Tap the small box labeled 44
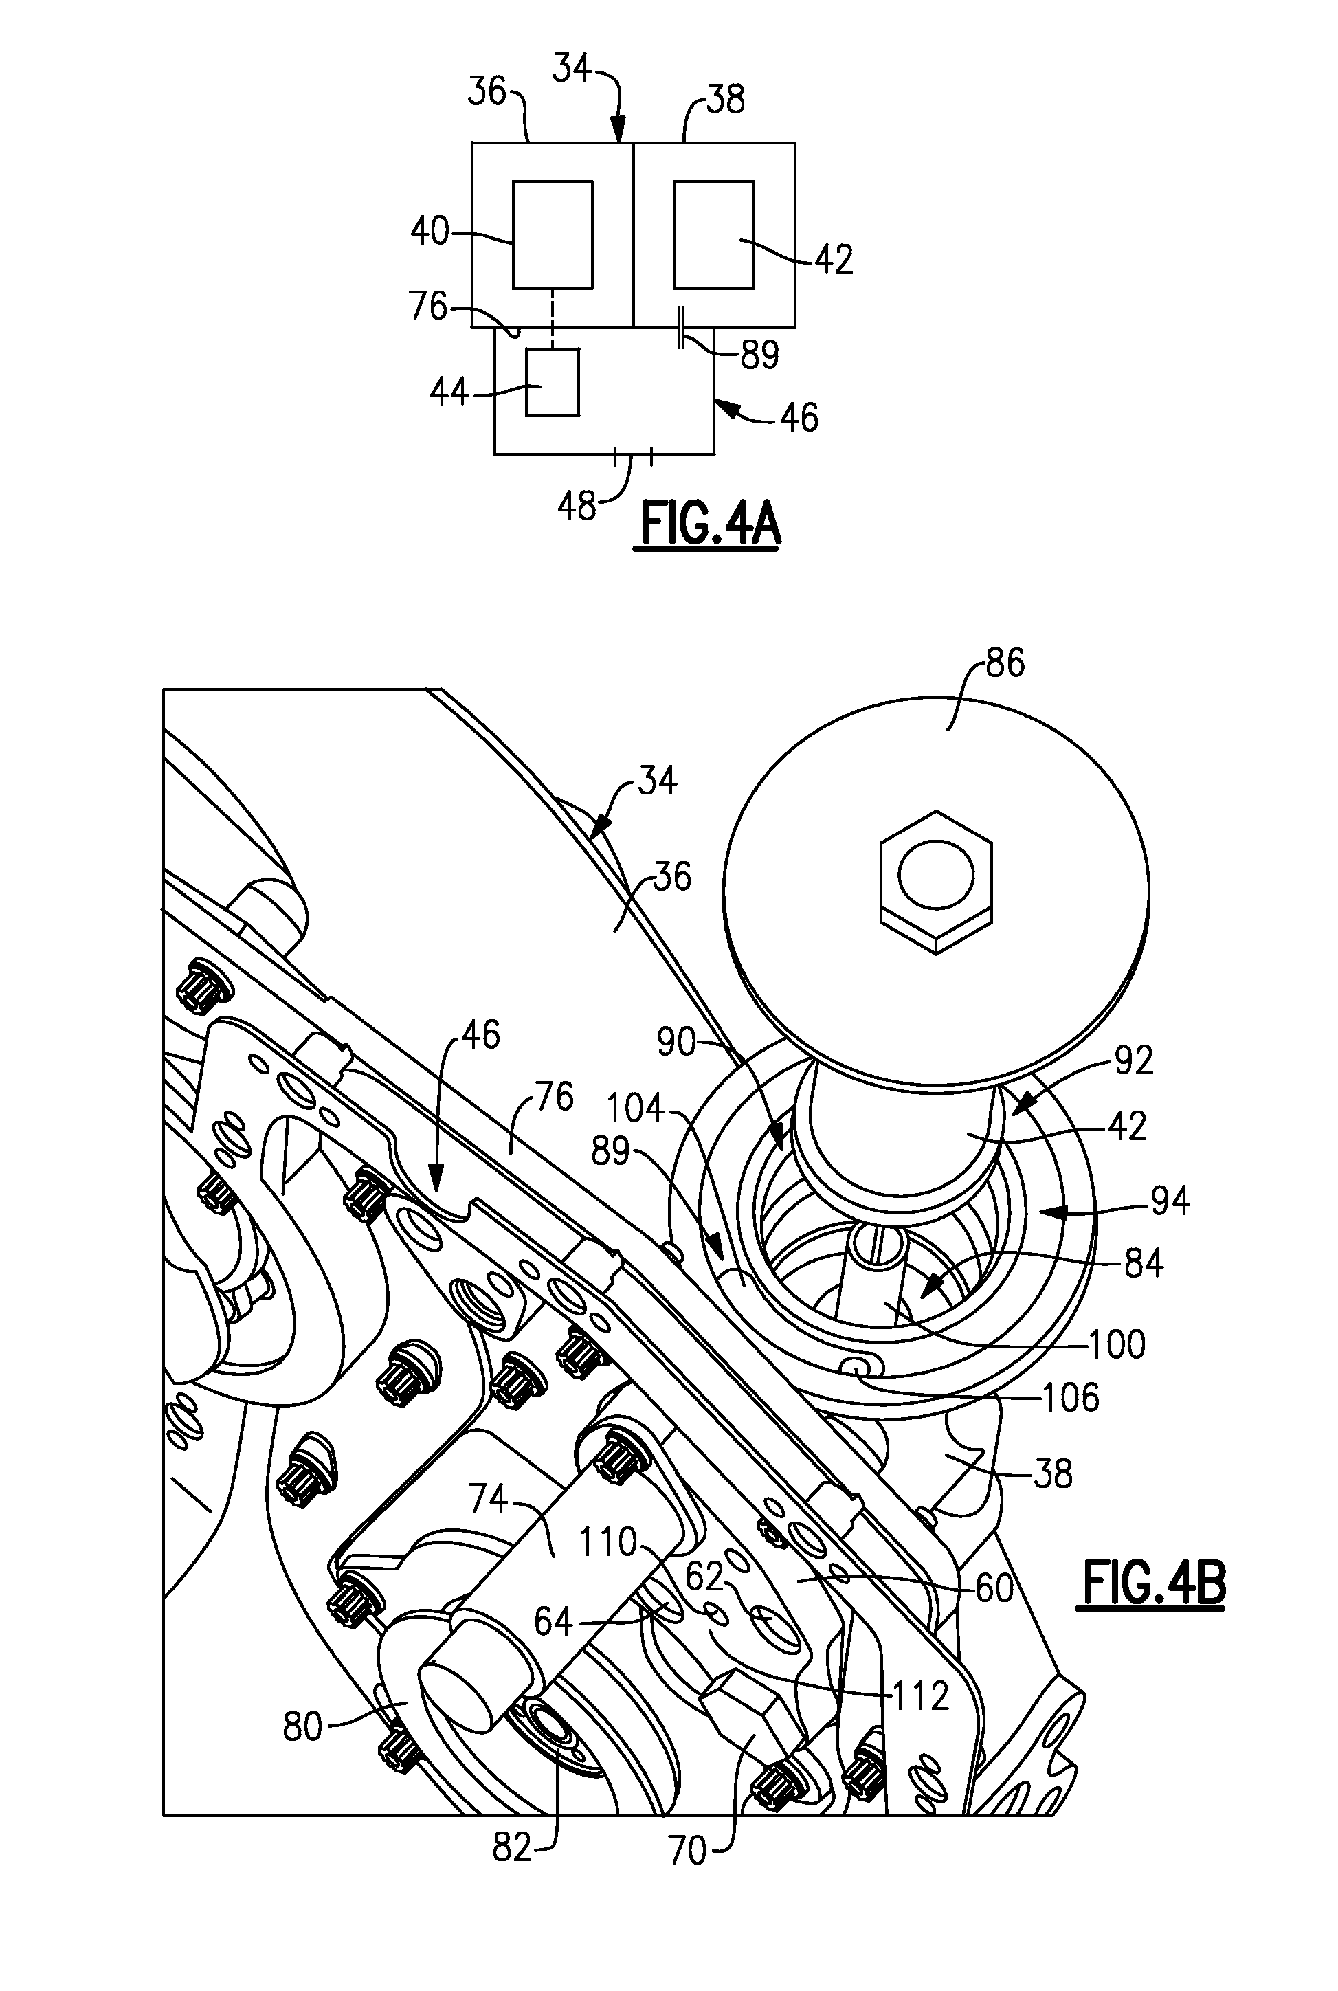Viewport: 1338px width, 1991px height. (x=551, y=382)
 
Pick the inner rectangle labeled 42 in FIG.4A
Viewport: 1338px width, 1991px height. (x=713, y=234)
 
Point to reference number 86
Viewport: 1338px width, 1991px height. (x=1004, y=663)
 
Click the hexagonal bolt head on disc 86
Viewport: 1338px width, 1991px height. (x=937, y=882)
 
